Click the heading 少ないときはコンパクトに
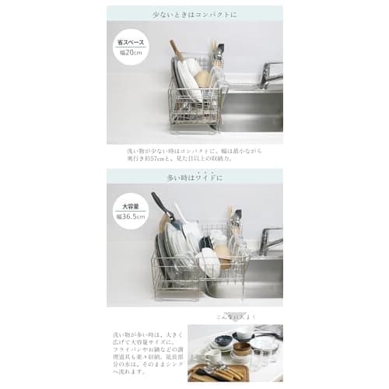point(194,14)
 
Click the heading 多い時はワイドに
point(194,178)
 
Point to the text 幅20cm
point(130,52)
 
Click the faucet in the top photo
point(268,75)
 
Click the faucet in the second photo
point(268,240)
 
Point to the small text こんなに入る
point(233,317)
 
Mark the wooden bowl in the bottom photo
point(244,349)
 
